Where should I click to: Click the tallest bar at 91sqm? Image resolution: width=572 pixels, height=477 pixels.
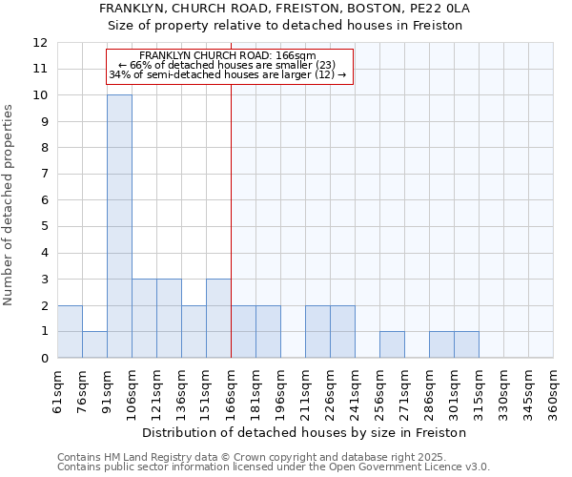pyautogui.click(x=119, y=226)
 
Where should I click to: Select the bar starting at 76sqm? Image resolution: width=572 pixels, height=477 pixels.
pyautogui.click(x=94, y=344)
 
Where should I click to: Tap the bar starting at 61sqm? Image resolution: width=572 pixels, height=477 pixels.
pyautogui.click(x=70, y=331)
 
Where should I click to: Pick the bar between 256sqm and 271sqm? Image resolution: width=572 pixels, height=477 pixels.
pyautogui.click(x=392, y=344)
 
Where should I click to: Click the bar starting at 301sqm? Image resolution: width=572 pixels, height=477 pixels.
pyautogui.click(x=466, y=344)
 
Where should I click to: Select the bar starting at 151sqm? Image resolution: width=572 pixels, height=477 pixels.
pyautogui.click(x=218, y=318)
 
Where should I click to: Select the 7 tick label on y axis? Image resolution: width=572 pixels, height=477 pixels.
pyautogui.click(x=44, y=175)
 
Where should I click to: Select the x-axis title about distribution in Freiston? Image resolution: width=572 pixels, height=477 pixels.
pyautogui.click(x=304, y=432)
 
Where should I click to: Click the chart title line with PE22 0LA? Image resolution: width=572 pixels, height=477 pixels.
pyautogui.click(x=285, y=9)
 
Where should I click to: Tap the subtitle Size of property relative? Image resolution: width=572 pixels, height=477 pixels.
pyautogui.click(x=285, y=26)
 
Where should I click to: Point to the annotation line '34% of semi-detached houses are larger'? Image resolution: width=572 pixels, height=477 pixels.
pyautogui.click(x=228, y=73)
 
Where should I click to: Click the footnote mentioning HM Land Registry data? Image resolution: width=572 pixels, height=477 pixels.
pyautogui.click(x=272, y=457)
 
